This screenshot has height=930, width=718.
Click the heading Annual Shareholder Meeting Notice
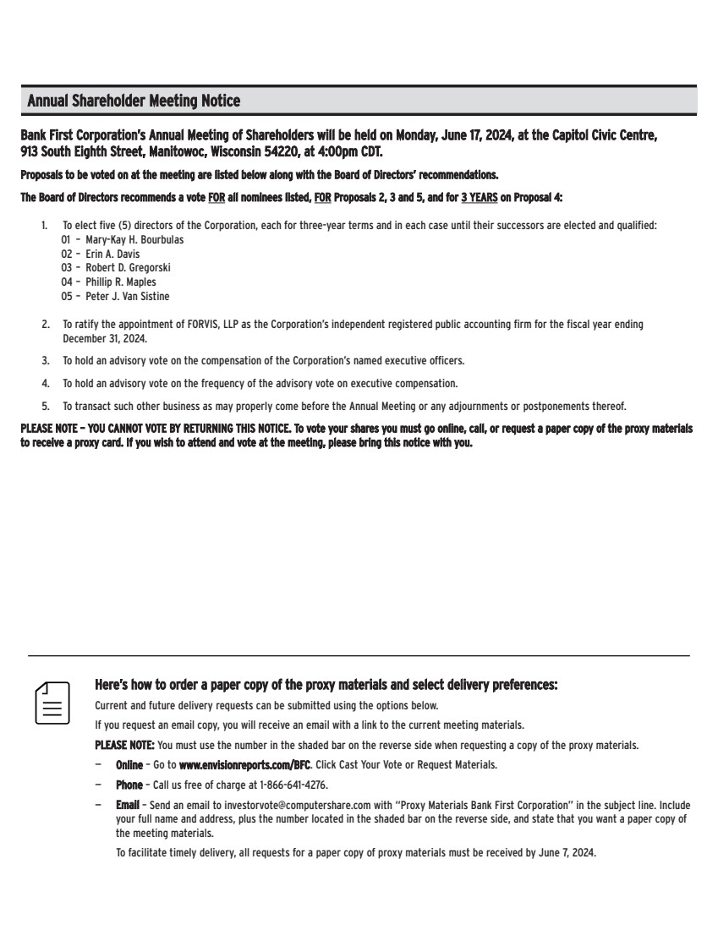point(134,101)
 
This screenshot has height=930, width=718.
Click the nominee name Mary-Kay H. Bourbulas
point(134,240)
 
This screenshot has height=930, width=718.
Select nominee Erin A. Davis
point(112,254)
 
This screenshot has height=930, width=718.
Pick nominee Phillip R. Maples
point(121,282)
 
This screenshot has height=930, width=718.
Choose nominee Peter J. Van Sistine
point(127,297)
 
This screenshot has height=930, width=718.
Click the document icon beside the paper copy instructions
point(52,702)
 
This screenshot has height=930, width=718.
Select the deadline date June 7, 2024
point(566,853)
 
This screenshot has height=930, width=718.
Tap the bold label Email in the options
point(127,806)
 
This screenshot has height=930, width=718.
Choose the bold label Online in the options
point(129,765)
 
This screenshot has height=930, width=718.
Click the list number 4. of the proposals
point(45,383)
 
